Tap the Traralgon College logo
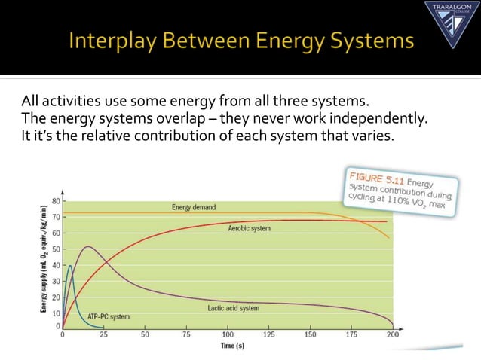[450, 23]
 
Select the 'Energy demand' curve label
[194, 207]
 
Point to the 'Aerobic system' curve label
[249, 227]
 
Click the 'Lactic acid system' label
[233, 308]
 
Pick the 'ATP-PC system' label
[109, 316]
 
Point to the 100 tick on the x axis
[228, 334]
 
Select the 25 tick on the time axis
[103, 334]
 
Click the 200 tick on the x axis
[392, 334]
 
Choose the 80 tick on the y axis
[56, 201]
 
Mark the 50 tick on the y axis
[56, 249]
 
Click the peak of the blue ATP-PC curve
[71, 265]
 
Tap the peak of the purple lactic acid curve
[89, 246]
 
